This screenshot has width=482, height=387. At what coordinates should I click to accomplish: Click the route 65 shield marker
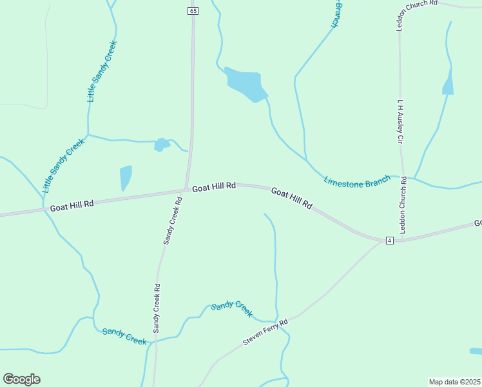(x=193, y=11)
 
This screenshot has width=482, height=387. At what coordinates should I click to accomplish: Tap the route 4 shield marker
(x=389, y=241)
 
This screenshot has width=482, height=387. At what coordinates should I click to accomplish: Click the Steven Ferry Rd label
(x=264, y=332)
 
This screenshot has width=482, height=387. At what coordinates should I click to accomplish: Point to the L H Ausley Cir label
(x=400, y=122)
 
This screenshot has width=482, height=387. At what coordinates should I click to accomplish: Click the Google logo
(x=21, y=379)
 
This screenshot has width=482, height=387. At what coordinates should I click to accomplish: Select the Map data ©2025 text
(x=454, y=381)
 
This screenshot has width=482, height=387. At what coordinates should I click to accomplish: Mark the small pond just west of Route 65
(x=161, y=144)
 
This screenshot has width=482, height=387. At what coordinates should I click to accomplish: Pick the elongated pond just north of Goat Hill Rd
(x=125, y=177)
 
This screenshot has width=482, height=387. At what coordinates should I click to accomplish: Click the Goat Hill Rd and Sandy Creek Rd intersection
(x=186, y=190)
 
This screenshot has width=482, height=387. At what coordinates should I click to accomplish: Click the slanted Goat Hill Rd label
(x=291, y=199)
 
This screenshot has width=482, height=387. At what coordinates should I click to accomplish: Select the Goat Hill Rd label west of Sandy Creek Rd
(x=72, y=204)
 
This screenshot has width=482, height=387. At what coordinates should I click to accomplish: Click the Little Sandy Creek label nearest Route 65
(x=102, y=71)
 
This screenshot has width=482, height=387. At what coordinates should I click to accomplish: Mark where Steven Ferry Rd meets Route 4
(x=380, y=243)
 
